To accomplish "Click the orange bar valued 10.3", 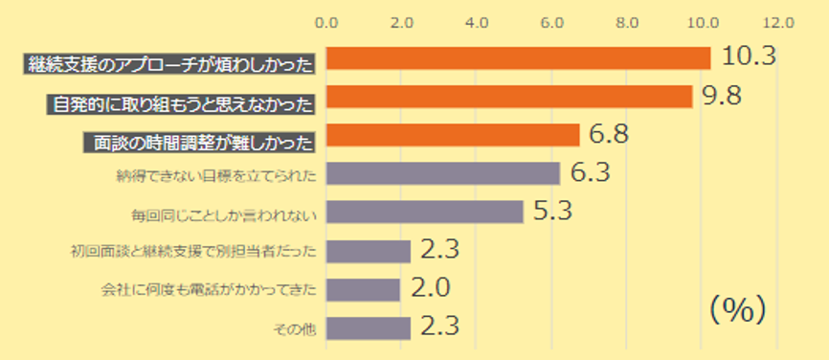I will [x=518, y=58].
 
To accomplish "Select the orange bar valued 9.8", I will [x=508, y=97].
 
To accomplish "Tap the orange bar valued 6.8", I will [x=453, y=135].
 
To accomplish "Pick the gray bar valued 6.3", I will [x=442, y=173].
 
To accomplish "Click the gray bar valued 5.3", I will [x=424, y=212].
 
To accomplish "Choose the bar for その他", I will [x=369, y=327].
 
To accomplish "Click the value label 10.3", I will [x=748, y=56].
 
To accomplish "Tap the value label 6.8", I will [x=609, y=133].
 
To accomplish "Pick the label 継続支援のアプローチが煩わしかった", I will [x=172, y=63].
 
